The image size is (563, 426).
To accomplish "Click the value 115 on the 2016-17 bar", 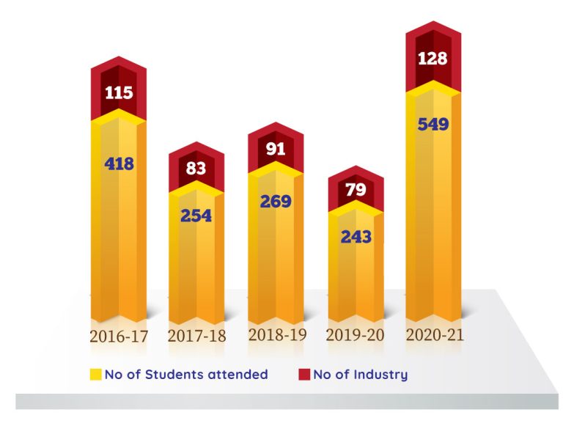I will pos(118,93).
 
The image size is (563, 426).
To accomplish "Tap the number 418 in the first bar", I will pos(118,164).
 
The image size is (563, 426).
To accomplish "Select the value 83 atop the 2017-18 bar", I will pos(196,169).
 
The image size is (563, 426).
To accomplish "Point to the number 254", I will pos(196,216).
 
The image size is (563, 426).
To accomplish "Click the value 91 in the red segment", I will pos(275,149).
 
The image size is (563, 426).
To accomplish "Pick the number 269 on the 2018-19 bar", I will pos(275,201).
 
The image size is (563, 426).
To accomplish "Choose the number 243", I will pos(355,237).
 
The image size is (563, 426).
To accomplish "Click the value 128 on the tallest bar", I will pos(433,59).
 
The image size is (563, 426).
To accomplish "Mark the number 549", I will pos(433,124).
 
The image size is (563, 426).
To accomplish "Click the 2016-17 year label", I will pos(119,337).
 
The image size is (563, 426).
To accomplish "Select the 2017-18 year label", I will pos(196,337).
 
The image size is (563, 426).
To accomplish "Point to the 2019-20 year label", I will pos(356,337).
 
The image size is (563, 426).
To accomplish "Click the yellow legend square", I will pos(95,375).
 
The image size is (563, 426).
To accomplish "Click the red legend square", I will pos(304,375).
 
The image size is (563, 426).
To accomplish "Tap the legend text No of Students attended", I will pos(186,375).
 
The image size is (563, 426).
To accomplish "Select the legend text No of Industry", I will pos(360,375).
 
